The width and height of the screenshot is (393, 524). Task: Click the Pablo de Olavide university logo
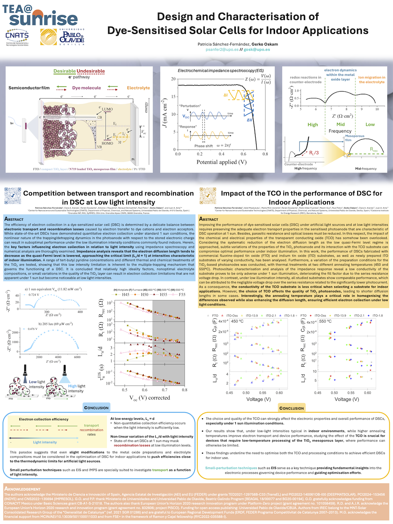62,37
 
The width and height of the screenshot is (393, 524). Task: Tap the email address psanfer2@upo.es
222,50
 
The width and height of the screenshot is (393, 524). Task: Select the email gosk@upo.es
257,50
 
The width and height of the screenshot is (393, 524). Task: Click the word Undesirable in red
91,71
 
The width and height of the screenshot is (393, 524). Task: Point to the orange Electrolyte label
138,88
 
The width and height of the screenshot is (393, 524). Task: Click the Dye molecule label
86,88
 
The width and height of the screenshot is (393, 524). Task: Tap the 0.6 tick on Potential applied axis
244,154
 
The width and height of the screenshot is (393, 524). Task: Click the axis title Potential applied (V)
222,162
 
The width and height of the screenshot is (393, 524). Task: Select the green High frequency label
313,125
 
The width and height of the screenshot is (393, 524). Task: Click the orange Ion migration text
371,80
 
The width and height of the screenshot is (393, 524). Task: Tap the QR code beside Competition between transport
13,196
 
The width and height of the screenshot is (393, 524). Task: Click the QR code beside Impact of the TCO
208,196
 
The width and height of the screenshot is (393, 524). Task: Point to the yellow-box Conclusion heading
291,408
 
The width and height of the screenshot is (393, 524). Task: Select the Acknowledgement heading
22,489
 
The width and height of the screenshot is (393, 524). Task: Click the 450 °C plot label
237,321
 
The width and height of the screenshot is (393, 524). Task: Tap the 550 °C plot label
325,321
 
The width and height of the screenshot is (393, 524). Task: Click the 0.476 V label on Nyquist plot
33,329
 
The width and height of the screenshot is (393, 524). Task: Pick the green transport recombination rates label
91,430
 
